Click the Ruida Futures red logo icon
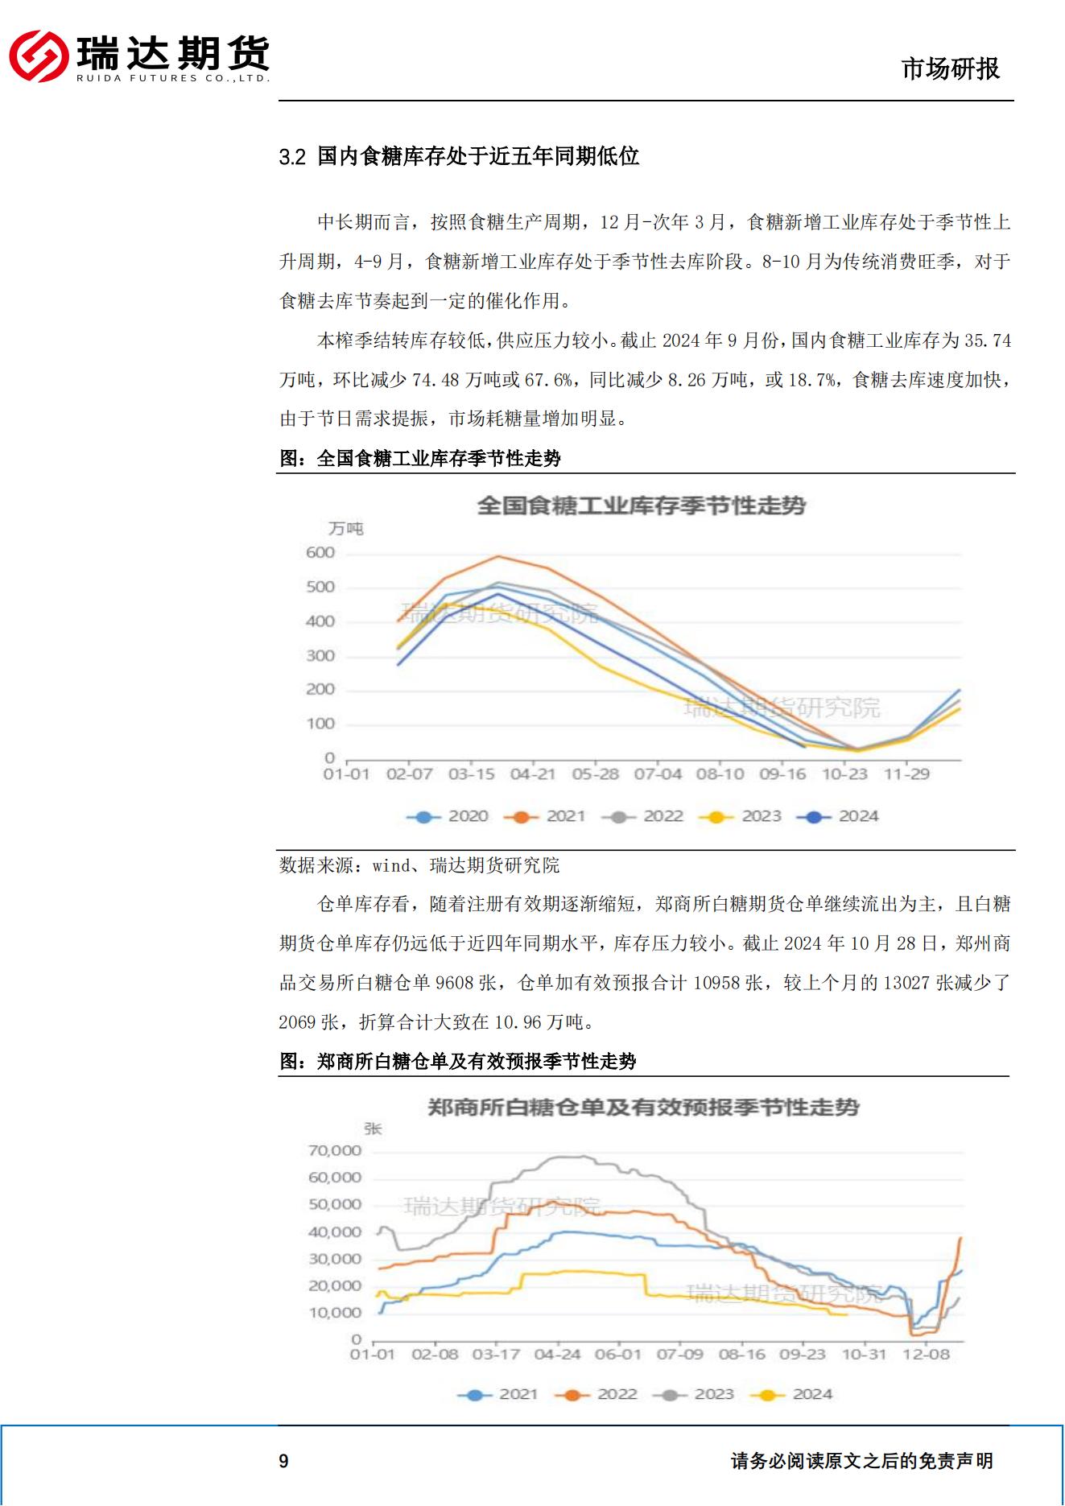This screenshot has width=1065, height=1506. [x=39, y=56]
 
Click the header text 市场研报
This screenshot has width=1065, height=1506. [x=950, y=69]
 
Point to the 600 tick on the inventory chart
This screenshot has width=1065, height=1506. [x=320, y=553]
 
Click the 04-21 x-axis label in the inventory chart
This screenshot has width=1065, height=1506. [x=533, y=774]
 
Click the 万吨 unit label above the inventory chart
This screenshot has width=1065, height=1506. [x=346, y=529]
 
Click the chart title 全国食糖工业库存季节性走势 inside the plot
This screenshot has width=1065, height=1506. [x=641, y=505]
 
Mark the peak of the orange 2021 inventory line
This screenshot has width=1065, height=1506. [x=498, y=556]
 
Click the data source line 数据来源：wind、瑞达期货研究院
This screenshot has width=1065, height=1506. [x=419, y=865]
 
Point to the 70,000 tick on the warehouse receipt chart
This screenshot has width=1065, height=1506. [x=335, y=1150]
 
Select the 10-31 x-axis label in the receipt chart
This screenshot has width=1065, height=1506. [x=864, y=1354]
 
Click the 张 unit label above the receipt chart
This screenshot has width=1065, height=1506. [x=372, y=1128]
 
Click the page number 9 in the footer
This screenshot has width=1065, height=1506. [x=283, y=1461]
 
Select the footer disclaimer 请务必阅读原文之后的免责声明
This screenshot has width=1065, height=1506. [x=861, y=1461]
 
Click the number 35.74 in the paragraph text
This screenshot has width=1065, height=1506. [x=987, y=340]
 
